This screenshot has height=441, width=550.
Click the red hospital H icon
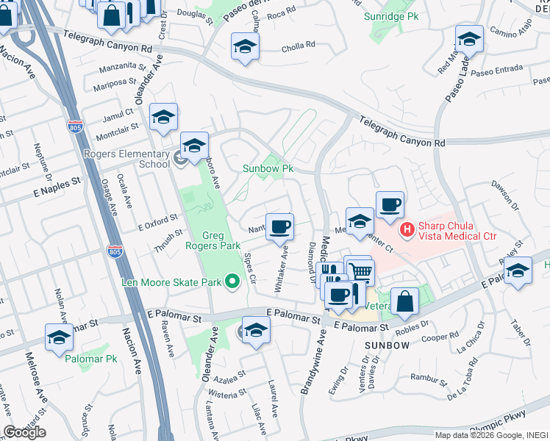[404, 231]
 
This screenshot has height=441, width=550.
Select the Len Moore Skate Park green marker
[232, 282]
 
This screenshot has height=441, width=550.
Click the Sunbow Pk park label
[268, 168]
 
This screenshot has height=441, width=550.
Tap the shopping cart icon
[360, 271]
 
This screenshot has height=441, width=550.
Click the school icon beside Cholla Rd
[245, 46]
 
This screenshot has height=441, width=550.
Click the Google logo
[24, 432]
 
